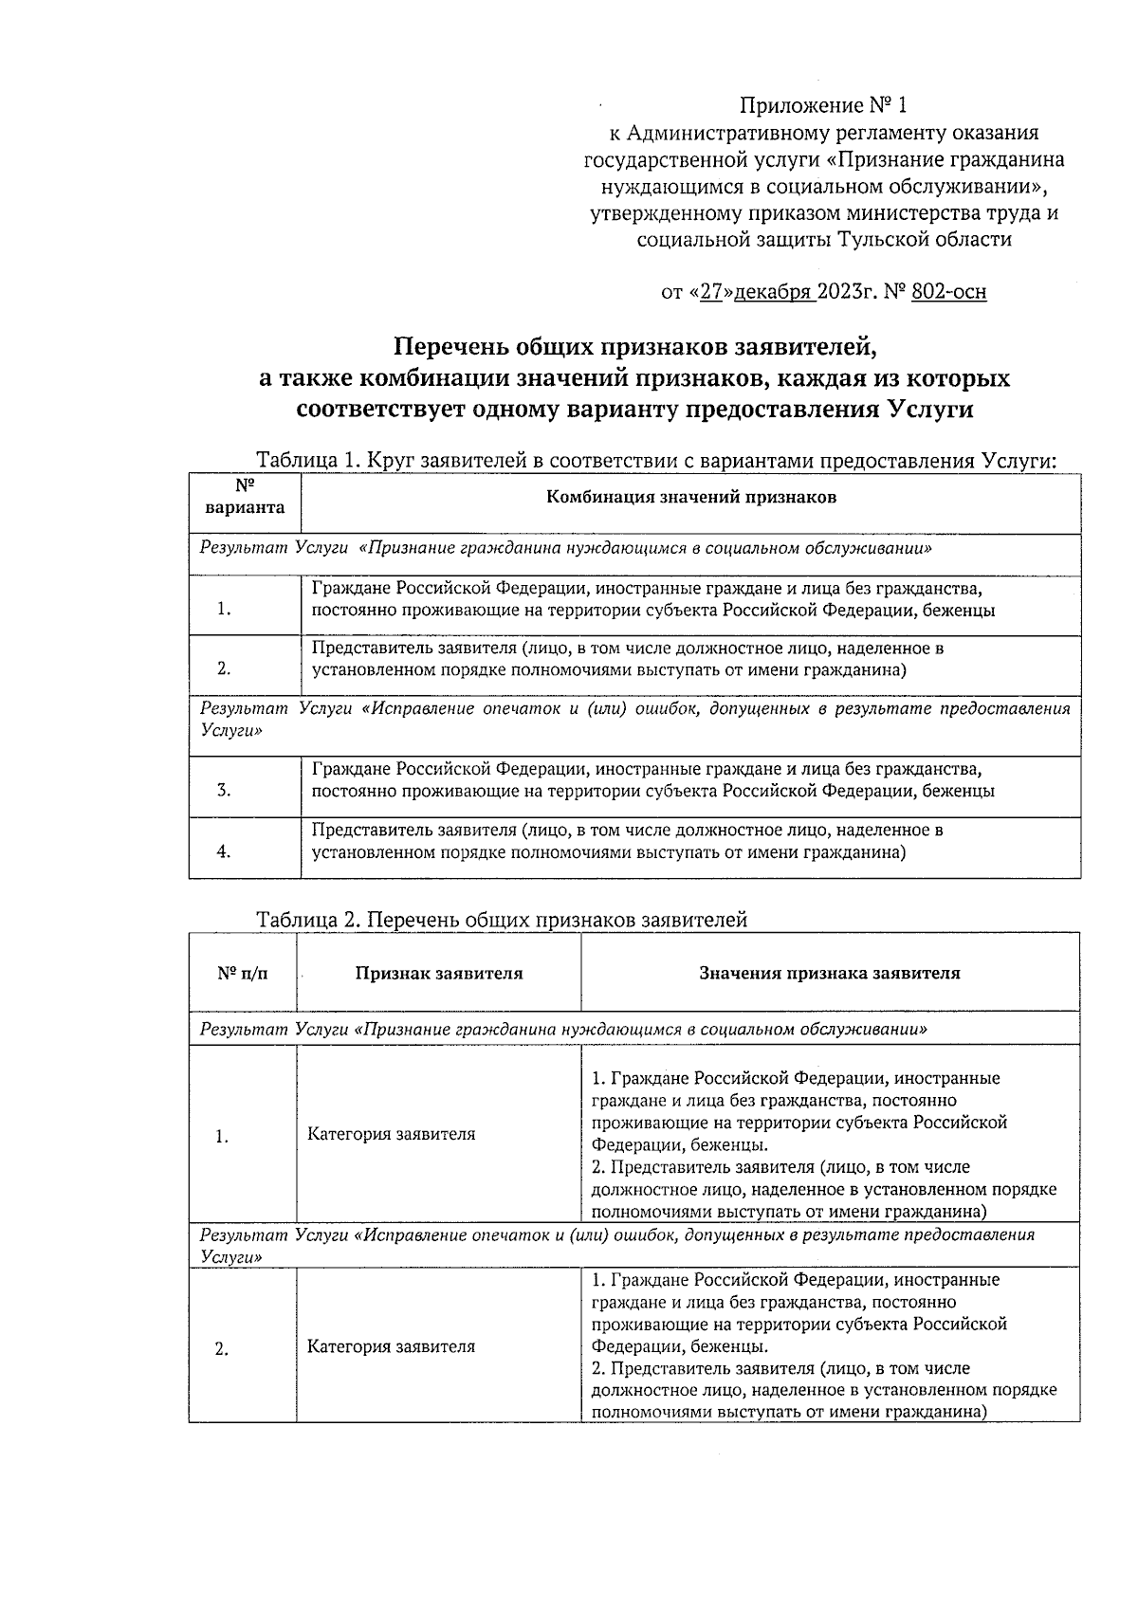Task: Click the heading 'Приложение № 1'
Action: (x=823, y=105)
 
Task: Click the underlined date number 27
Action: (x=711, y=292)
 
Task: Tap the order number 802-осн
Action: (x=947, y=292)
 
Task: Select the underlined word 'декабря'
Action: (x=772, y=292)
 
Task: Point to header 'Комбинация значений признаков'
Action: (x=690, y=497)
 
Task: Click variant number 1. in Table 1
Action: (x=224, y=610)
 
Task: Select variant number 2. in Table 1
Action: (x=224, y=668)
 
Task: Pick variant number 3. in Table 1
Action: (x=224, y=791)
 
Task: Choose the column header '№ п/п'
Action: (x=243, y=973)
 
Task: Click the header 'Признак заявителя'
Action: (x=438, y=973)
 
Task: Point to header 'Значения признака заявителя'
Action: (x=829, y=973)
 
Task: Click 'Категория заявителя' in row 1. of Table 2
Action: (x=391, y=1134)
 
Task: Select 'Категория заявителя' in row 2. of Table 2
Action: (x=391, y=1346)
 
